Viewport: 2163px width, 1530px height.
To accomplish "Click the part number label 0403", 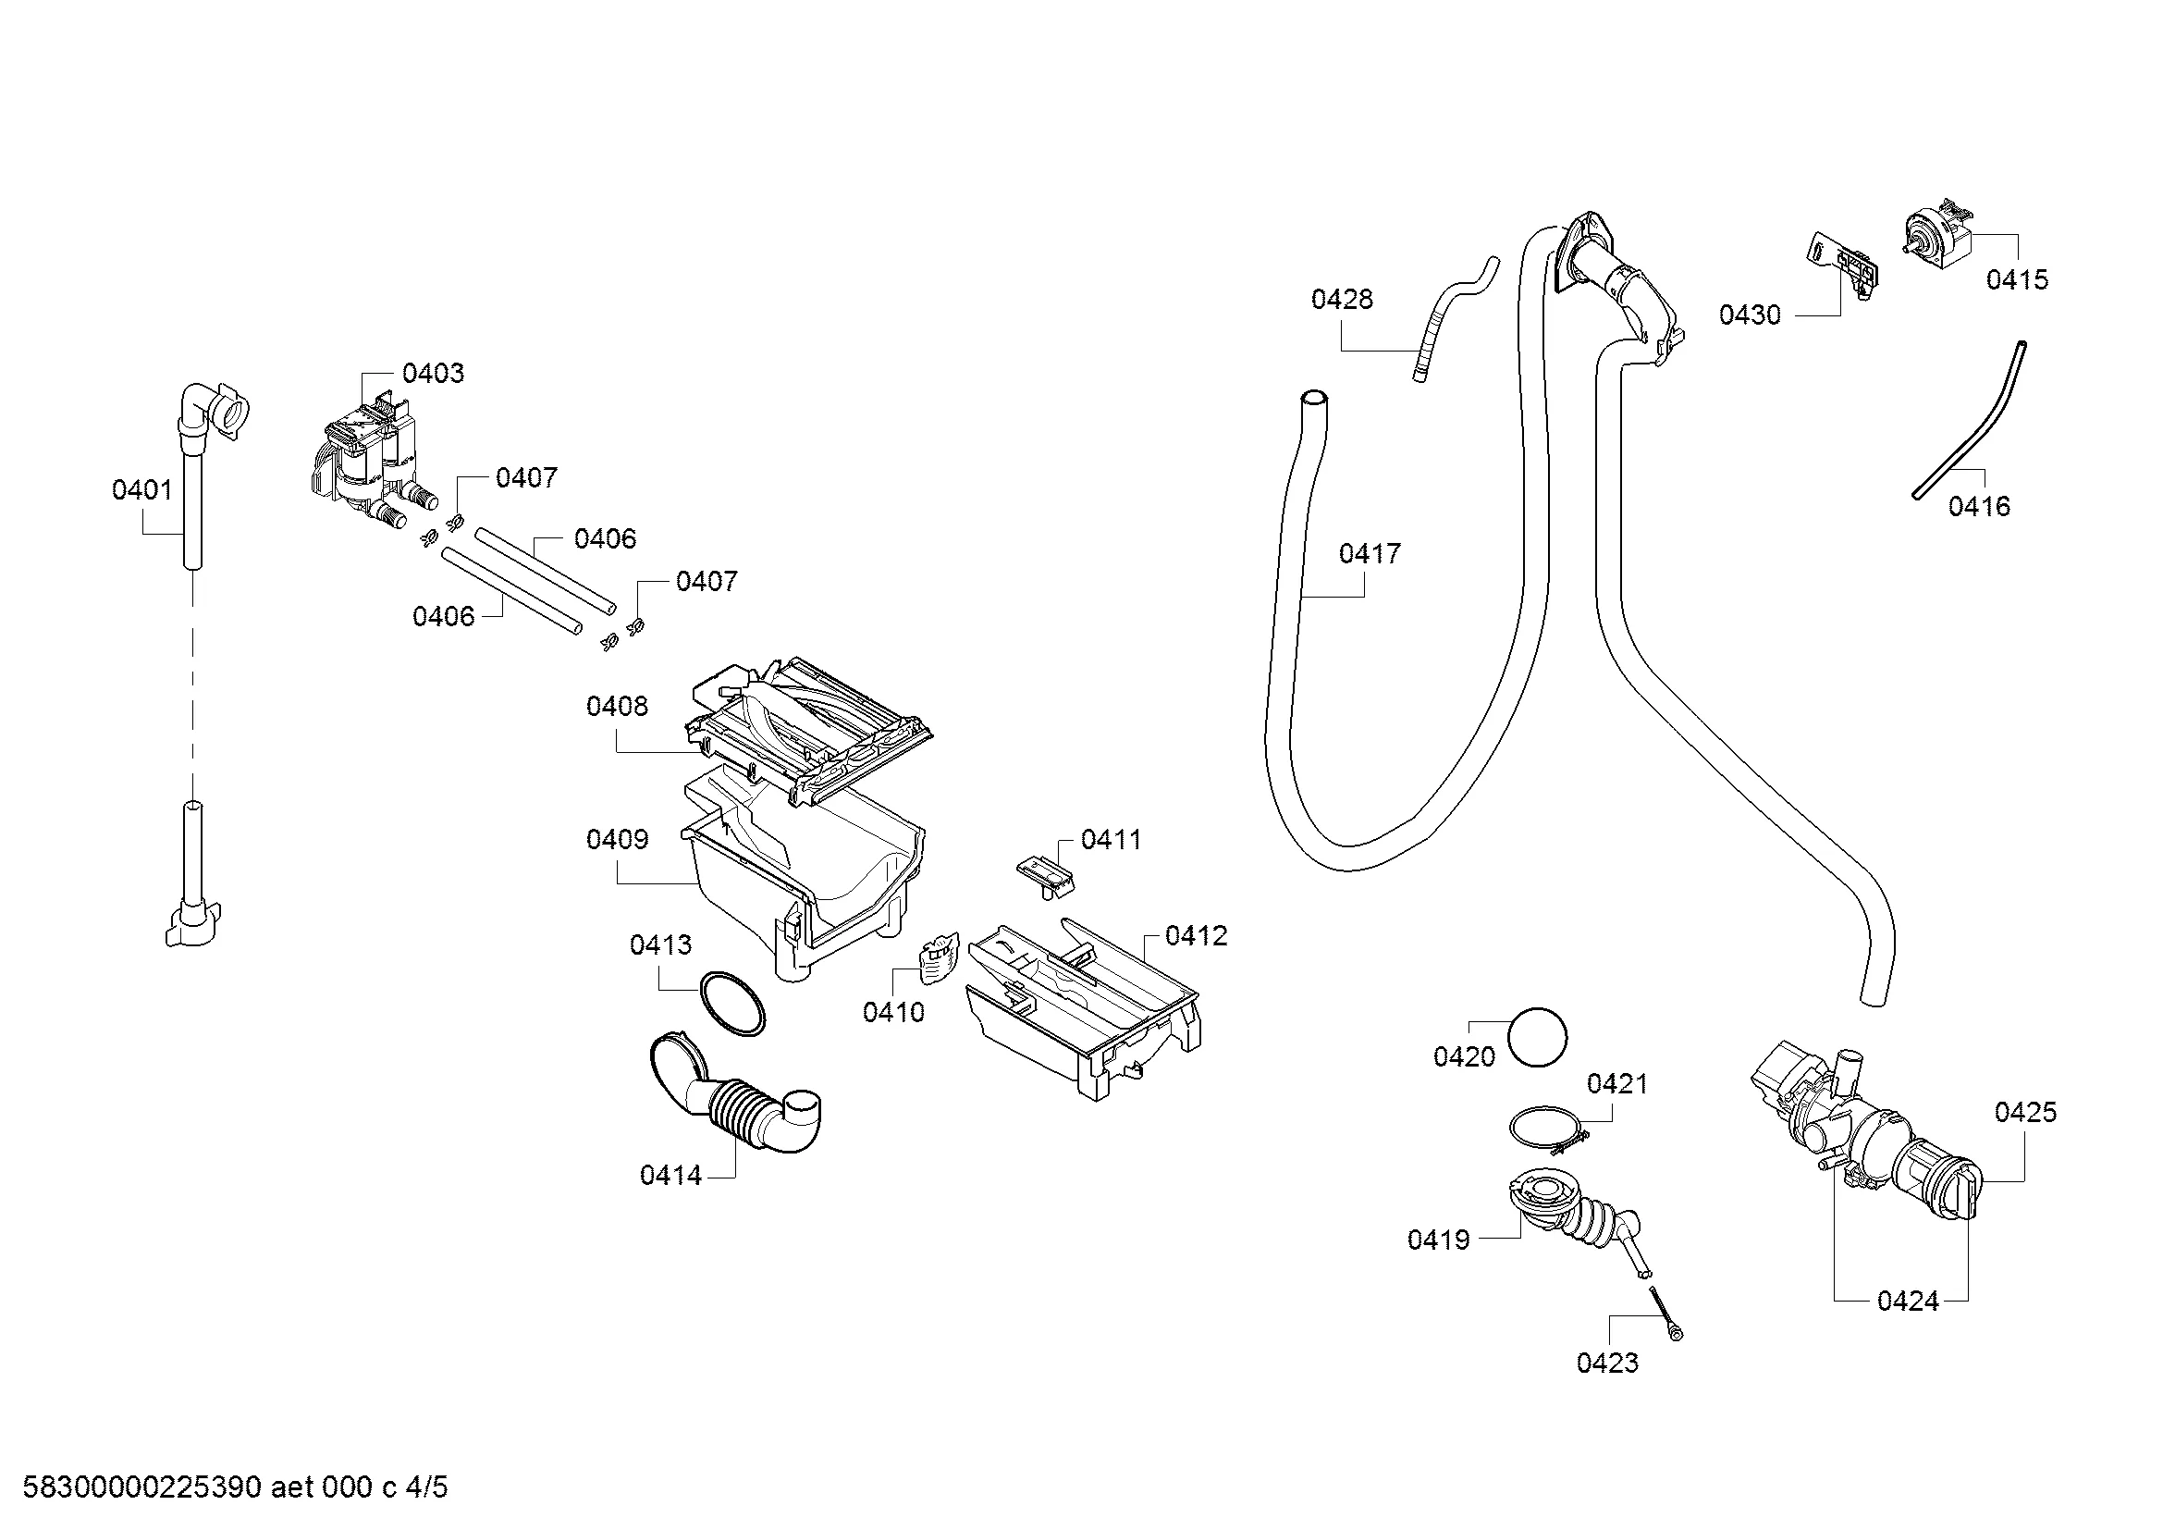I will (434, 373).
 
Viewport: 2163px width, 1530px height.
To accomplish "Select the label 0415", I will (2017, 279).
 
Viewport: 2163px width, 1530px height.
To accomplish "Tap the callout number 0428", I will (1343, 300).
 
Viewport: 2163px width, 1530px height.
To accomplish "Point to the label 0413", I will (660, 945).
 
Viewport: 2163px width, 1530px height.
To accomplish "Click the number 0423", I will (1608, 1363).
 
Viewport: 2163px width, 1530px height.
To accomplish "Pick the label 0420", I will (1464, 1057).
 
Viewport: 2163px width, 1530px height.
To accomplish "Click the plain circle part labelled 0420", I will (1538, 1037).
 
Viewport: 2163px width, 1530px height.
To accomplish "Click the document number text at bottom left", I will (235, 1487).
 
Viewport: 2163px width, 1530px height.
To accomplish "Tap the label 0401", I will (142, 490).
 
